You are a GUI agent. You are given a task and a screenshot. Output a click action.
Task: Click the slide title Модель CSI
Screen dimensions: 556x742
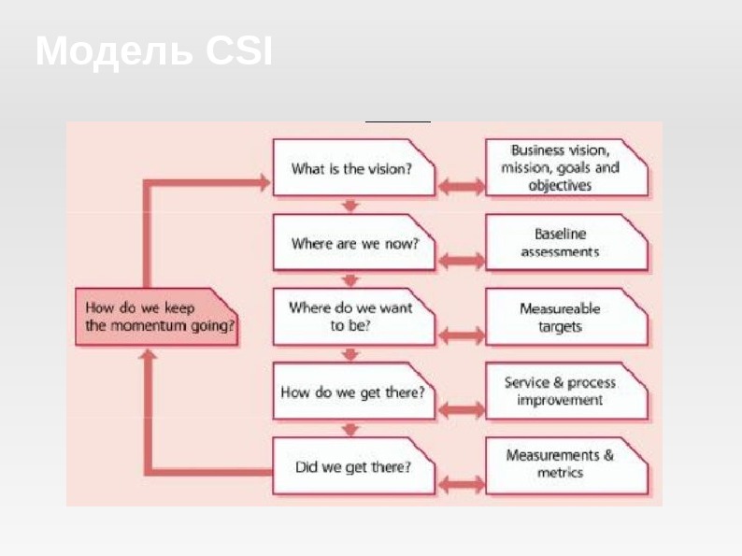pyautogui.click(x=154, y=51)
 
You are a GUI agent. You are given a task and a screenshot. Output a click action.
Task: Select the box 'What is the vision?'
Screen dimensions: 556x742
pyautogui.click(x=353, y=168)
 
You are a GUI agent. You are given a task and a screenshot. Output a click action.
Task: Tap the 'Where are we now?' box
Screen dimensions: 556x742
pyautogui.click(x=353, y=243)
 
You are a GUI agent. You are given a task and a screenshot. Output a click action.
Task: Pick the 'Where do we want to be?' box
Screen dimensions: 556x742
pyautogui.click(x=353, y=317)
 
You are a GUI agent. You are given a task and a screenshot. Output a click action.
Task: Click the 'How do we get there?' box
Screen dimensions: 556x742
pyautogui.click(x=353, y=392)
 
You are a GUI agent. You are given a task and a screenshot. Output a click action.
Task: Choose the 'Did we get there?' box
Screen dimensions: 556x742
pyautogui.click(x=353, y=466)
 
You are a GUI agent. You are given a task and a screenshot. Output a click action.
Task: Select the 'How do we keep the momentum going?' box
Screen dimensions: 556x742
pyautogui.click(x=157, y=317)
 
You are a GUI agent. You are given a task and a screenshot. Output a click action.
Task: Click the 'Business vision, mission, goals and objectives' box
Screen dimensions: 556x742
pyautogui.click(x=566, y=168)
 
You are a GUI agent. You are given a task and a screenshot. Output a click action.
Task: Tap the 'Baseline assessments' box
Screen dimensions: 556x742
pyautogui.click(x=566, y=243)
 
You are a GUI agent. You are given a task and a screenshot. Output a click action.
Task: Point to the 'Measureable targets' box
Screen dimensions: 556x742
pyautogui.click(x=566, y=317)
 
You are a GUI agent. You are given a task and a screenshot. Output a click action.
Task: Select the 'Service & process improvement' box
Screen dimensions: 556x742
pyautogui.click(x=566, y=392)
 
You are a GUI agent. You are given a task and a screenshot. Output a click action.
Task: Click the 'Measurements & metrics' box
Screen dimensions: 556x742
pyautogui.click(x=566, y=464)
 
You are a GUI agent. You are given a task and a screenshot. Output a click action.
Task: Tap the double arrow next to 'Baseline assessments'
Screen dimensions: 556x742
pyautogui.click(x=461, y=260)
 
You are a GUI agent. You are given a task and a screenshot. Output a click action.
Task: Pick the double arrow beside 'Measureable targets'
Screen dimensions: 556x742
pyautogui.click(x=461, y=335)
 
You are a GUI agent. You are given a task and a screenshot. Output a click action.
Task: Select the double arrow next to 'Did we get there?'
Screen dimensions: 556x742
pyautogui.click(x=461, y=484)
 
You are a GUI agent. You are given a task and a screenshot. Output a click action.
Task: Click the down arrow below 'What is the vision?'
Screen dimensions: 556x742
pyautogui.click(x=350, y=206)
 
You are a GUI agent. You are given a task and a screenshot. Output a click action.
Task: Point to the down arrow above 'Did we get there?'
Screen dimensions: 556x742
pyautogui.click(x=350, y=429)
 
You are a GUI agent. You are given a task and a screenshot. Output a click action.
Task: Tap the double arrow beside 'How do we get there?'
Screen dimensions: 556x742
pyautogui.click(x=461, y=409)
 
